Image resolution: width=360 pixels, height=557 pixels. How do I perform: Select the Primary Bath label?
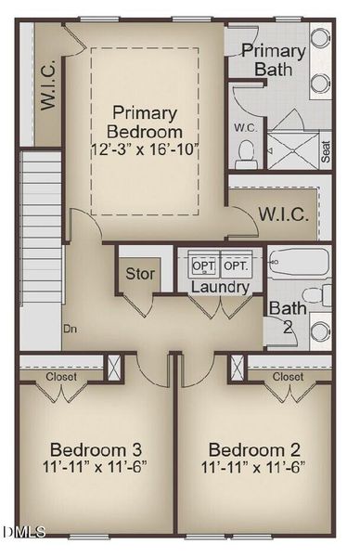(x=274, y=59)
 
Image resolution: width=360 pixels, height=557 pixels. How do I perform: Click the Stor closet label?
(x=141, y=274)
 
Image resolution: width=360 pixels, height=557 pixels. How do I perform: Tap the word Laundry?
(x=219, y=288)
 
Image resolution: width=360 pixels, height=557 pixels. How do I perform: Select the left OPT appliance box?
(x=203, y=266)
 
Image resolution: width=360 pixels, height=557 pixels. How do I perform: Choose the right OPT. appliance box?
(x=235, y=266)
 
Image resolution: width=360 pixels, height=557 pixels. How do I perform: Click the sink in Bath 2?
(x=320, y=331)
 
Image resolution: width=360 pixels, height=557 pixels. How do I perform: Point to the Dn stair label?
(x=70, y=328)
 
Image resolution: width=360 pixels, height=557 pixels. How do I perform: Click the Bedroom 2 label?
(x=253, y=444)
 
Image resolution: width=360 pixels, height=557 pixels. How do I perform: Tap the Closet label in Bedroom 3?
(x=62, y=377)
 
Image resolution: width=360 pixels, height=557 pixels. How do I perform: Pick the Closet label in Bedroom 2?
(x=288, y=377)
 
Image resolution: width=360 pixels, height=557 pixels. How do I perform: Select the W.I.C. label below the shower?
(x=283, y=214)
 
